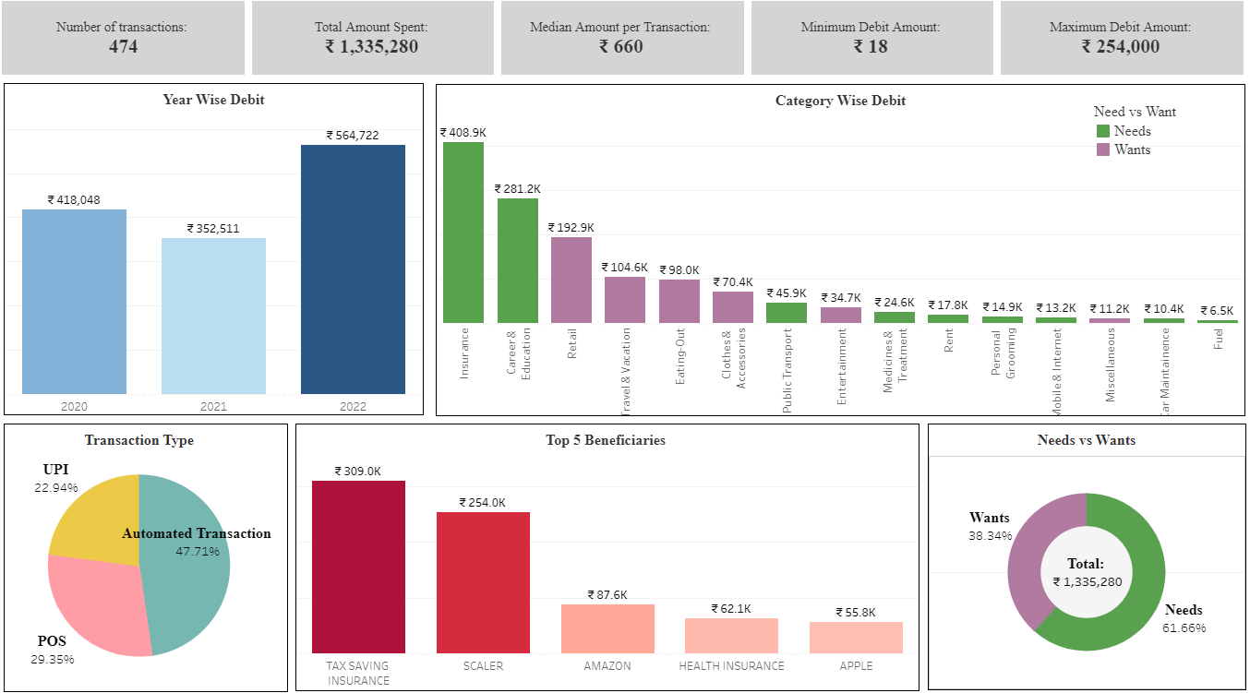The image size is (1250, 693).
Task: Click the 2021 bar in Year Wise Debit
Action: (213, 316)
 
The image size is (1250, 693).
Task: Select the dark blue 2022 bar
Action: (353, 269)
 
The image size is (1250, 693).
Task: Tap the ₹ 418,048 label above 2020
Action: (74, 199)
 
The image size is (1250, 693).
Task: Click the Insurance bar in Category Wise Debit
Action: (463, 233)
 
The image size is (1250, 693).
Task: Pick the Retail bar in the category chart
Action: (571, 280)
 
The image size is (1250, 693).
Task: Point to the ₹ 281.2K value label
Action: (517, 188)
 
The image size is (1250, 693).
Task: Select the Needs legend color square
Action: (1102, 131)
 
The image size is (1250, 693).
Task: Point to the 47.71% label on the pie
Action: (198, 552)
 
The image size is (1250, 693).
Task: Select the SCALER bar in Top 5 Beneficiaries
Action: (483, 582)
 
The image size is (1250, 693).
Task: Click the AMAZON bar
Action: (607, 628)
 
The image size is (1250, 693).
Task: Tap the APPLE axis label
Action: (856, 665)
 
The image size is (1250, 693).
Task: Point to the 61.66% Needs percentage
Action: (1184, 627)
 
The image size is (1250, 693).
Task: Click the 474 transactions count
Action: (123, 46)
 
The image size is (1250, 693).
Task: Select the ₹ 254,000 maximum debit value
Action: (1120, 46)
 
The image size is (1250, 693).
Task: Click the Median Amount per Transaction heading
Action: (620, 27)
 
